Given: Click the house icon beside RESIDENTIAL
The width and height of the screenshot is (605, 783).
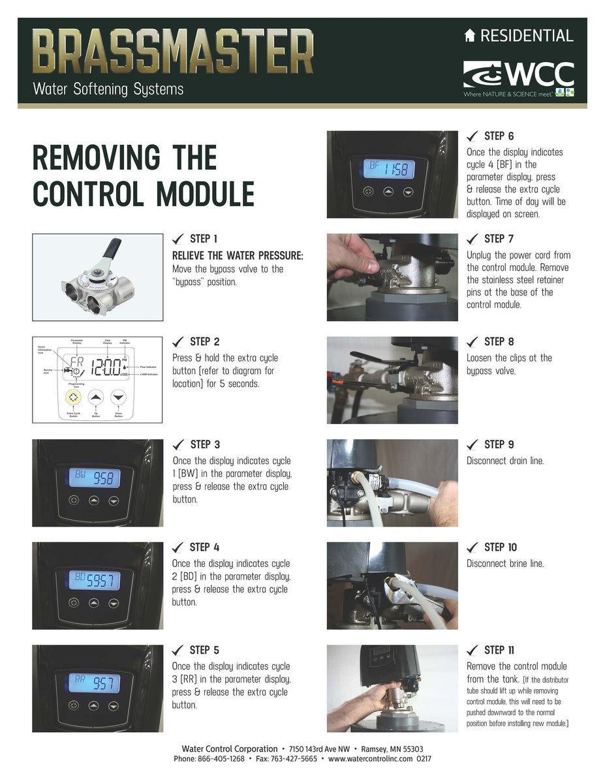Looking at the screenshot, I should (x=470, y=37).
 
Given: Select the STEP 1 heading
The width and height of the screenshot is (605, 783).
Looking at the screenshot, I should (x=204, y=239).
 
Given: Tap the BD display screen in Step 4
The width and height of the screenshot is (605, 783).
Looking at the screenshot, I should (x=95, y=580).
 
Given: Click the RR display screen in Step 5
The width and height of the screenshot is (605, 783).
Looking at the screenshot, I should (x=95, y=683).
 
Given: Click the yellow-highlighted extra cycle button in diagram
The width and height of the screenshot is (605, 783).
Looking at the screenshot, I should (x=76, y=397).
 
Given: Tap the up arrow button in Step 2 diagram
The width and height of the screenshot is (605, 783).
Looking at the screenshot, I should (x=97, y=397).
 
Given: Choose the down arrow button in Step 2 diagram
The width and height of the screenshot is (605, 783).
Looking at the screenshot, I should (x=117, y=397).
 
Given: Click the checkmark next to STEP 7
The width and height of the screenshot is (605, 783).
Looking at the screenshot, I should (x=473, y=239).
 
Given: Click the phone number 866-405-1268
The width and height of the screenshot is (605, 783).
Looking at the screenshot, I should (x=219, y=759).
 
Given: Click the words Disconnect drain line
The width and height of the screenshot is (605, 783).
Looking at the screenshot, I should (x=504, y=461).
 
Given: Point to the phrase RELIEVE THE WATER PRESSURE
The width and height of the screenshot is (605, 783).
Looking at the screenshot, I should (x=238, y=255).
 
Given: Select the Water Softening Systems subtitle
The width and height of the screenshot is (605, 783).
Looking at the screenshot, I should (x=108, y=89).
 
